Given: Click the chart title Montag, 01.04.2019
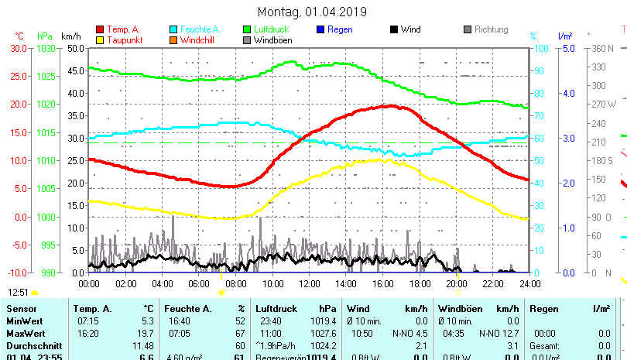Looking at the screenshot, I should (x=312, y=12).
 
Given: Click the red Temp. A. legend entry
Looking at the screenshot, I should (x=123, y=29).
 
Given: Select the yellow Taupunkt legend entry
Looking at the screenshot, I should (x=122, y=39).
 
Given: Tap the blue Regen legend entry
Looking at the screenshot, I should (x=340, y=29).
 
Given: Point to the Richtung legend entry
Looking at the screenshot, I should (x=491, y=29).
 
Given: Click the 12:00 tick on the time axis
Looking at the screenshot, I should (x=309, y=283).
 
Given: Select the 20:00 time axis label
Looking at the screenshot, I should (x=456, y=283).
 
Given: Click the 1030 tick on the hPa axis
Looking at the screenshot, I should (x=46, y=48).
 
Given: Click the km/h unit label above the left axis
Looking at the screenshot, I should (x=70, y=36).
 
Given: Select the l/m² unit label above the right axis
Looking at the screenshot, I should (x=564, y=36).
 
